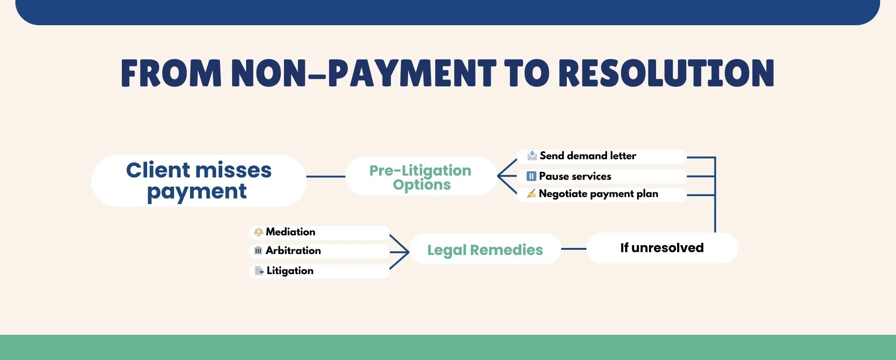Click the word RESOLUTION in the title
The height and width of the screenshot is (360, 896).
tap(666, 73)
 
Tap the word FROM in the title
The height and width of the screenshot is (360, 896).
tap(171, 73)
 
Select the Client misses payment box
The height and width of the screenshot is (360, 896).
tap(199, 181)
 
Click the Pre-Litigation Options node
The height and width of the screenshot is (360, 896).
tap(421, 176)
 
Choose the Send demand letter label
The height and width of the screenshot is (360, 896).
tap(587, 156)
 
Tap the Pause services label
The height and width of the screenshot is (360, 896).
tap(575, 176)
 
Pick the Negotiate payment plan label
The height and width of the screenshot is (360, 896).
tap(598, 194)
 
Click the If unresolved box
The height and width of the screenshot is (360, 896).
tap(662, 248)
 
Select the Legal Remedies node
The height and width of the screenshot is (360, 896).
tap(485, 250)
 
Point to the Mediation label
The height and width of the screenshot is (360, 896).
tap(290, 232)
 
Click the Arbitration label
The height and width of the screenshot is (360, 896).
tap(293, 251)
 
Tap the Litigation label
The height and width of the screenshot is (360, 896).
tap(290, 271)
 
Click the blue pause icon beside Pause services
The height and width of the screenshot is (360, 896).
tap(531, 176)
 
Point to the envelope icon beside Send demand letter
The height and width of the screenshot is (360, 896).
tap(532, 155)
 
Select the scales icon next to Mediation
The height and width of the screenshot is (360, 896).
tap(258, 232)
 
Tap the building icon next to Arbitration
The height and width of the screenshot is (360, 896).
tap(258, 251)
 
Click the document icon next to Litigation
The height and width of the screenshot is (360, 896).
tap(259, 270)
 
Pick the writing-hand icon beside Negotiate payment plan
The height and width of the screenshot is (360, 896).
tap(531, 194)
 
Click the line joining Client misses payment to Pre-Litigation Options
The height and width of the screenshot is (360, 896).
tap(325, 176)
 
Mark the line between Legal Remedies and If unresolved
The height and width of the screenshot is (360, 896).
tap(573, 249)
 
